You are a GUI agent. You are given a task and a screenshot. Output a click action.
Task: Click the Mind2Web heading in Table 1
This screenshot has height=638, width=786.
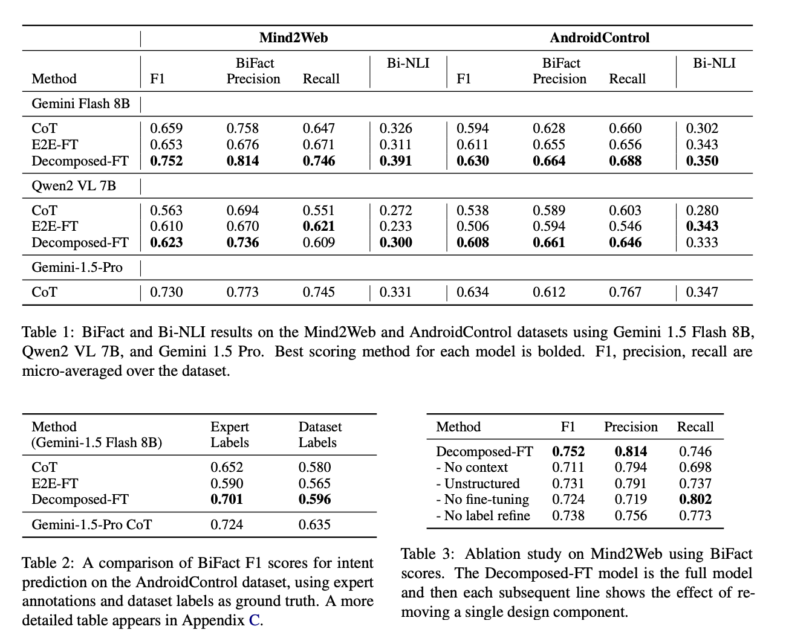293,38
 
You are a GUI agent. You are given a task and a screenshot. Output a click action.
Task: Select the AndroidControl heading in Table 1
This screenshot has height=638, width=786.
599,38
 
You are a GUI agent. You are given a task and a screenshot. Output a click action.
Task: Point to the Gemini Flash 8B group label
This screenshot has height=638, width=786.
80,103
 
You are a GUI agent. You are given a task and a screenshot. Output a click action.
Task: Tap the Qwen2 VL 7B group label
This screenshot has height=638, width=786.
74,185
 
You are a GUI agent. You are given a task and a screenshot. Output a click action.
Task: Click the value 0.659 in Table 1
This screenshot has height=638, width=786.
166,129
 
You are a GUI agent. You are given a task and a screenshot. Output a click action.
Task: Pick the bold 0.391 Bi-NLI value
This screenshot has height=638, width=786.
395,161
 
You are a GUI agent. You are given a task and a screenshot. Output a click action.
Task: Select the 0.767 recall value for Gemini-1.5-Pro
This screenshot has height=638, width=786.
625,292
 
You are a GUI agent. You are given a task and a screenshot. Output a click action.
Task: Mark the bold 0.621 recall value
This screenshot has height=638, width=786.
319,227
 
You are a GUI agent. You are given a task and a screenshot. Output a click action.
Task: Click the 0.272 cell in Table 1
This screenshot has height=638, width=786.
395,211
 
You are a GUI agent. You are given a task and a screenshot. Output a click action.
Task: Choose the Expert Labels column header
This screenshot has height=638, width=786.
230,434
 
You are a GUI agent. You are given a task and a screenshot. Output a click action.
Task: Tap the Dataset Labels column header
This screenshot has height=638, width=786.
320,434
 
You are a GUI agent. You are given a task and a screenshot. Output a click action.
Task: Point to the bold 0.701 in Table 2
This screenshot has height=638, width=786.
227,500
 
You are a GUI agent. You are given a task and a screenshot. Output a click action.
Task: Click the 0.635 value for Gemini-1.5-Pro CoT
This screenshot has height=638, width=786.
314,524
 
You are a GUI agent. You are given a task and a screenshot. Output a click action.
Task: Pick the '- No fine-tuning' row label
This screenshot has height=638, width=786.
482,500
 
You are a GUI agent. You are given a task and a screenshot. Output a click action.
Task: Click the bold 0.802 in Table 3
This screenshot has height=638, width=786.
695,500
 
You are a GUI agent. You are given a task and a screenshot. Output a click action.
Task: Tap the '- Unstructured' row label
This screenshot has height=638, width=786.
478,484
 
